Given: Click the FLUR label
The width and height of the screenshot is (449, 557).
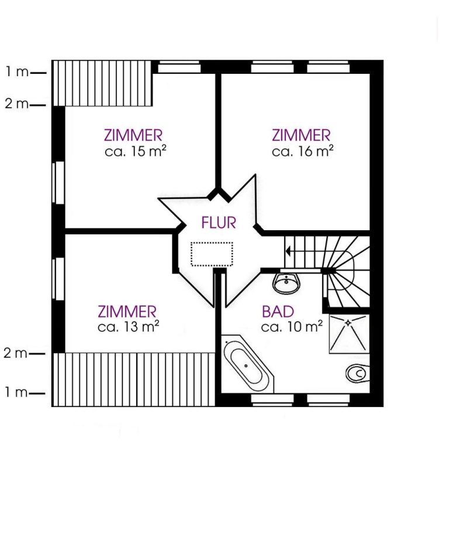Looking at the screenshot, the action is (219, 223).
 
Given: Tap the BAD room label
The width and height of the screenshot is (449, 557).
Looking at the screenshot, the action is (278, 312).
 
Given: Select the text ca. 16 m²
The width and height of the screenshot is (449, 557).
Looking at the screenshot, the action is (302, 151).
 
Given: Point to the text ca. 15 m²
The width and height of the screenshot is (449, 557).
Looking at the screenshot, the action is (136, 151).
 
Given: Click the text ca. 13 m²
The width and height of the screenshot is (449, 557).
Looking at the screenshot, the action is (129, 326).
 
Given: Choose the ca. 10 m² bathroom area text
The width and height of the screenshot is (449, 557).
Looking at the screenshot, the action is (292, 326).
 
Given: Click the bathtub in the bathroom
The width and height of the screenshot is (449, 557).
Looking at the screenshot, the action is (248, 364).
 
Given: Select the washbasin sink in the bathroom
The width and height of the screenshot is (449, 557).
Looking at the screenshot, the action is (286, 283).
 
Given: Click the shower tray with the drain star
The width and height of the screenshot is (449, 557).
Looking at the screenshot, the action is (349, 334).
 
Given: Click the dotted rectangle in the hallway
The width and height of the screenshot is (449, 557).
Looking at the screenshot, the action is (212, 254).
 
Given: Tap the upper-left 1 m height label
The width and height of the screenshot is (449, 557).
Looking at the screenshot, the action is (17, 72).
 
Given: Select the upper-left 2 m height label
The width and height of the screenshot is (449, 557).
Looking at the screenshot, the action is (16, 104).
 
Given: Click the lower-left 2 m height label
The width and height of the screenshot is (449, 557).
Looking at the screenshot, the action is (16, 353).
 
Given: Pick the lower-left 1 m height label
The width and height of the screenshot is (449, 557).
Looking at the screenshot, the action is (16, 392).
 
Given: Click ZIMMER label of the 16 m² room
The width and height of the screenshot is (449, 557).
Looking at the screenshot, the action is (301, 135).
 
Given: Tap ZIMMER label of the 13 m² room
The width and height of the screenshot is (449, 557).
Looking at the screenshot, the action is (127, 312).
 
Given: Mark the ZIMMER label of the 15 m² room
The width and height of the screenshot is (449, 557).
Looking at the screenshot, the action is (133, 135).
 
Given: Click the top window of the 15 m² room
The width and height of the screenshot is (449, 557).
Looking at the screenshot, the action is (178, 67).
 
